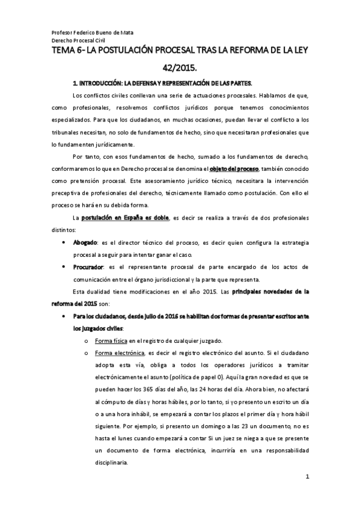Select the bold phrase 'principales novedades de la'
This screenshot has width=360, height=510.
pyautogui.click(x=269, y=292)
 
